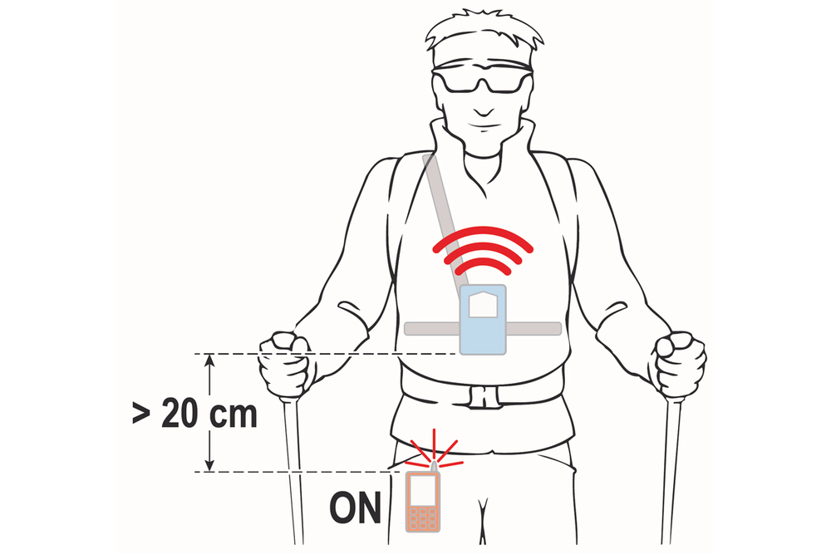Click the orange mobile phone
[423, 501]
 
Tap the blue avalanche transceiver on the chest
[483, 320]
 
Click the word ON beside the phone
[355, 508]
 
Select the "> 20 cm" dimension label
[194, 414]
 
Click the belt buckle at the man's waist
[484, 396]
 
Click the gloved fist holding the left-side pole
[285, 364]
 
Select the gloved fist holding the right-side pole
[680, 364]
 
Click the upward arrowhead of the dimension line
[210, 360]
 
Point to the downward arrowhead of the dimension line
[210, 464]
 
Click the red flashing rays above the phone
[435, 450]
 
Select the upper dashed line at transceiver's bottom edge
[327, 353]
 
